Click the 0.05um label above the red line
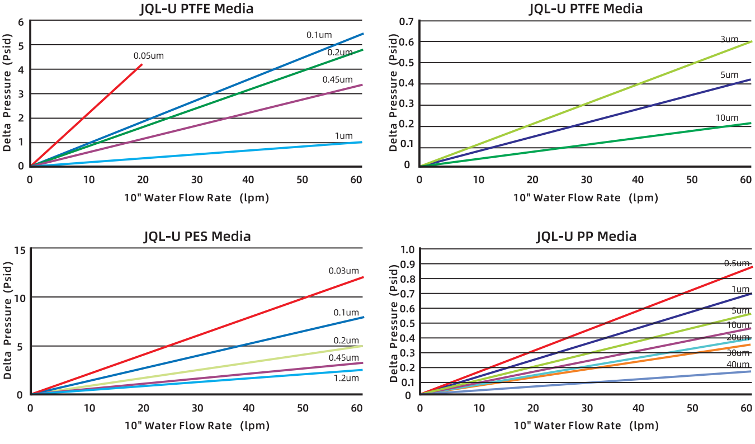coord(148,56)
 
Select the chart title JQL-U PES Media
coord(197,237)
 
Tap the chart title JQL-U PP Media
coord(586,237)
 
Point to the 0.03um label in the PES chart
coord(343,271)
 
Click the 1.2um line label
coord(346,378)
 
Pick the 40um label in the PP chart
coord(738,365)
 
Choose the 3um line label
coord(729,39)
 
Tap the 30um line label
coord(738,352)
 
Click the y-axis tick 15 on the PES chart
coord(20,249)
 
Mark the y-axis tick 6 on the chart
coord(21,22)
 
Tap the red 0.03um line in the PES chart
coord(196,336)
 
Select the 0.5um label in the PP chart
coord(736,263)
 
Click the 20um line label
coord(738,337)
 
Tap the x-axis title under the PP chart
coord(586,426)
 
